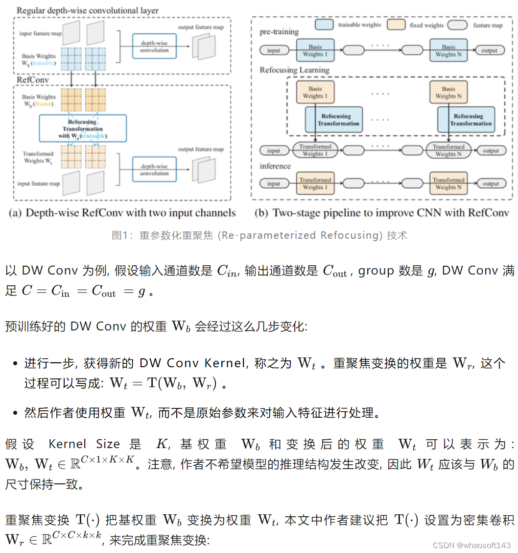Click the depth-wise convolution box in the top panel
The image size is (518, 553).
coord(154,47)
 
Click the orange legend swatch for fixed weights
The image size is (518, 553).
coord(396,24)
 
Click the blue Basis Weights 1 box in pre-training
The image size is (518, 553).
coord(315,50)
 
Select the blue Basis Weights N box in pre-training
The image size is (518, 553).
coord(448,50)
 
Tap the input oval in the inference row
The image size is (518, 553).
coord(274,184)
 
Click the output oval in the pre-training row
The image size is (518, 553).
coord(490,50)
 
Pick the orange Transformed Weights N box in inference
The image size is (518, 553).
coord(448,183)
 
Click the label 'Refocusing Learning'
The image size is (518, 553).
coord(294,70)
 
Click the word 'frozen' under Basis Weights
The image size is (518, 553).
coord(44,104)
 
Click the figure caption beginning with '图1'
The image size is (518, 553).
coord(259,235)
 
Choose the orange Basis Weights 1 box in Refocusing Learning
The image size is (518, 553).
coord(315,93)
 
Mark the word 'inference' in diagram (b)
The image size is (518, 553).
coord(275,166)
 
